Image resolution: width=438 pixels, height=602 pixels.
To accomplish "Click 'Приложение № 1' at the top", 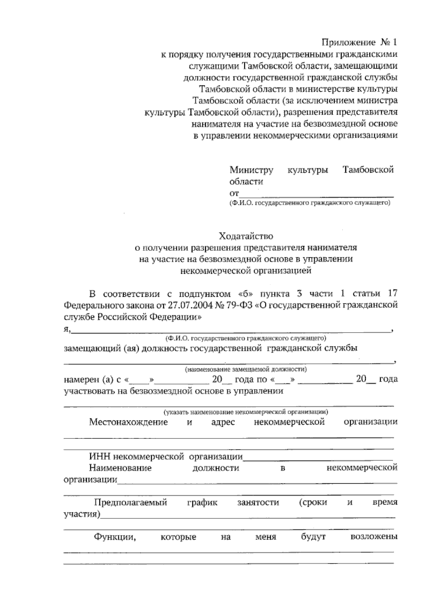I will [x=359, y=43].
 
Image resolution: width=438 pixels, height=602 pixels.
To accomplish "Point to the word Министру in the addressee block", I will [x=251, y=170].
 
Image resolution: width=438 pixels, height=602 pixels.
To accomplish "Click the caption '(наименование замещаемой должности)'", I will [x=245, y=369].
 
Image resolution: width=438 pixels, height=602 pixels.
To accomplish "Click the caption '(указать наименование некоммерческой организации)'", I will [x=245, y=412].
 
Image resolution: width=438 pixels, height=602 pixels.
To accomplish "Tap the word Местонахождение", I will [x=128, y=422].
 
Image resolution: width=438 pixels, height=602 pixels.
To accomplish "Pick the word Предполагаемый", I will [x=130, y=502].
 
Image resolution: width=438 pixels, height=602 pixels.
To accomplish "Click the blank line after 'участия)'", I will [x=248, y=515].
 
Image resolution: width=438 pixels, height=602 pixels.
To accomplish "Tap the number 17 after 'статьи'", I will [x=392, y=294].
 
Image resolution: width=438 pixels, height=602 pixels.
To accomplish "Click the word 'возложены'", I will [x=373, y=537].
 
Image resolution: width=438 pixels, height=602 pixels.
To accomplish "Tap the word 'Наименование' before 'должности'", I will [x=120, y=468].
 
